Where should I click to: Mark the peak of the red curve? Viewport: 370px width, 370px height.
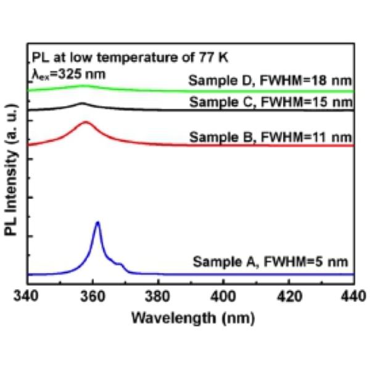point(86,123)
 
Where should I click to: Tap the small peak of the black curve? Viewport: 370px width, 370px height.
point(83,104)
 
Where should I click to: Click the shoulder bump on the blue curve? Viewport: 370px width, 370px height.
point(120,265)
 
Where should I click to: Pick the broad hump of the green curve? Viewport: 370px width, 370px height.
point(83,86)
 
